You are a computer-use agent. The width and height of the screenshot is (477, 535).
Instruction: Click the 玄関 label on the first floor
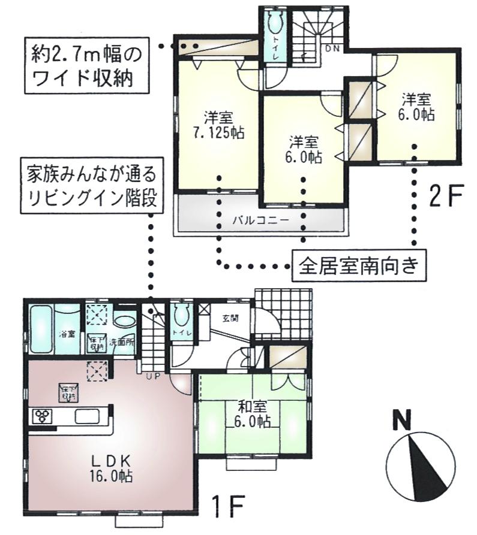[x=230, y=318]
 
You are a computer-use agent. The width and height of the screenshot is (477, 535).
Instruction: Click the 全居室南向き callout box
[x=358, y=264]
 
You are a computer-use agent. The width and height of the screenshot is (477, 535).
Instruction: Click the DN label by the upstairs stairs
[x=332, y=48]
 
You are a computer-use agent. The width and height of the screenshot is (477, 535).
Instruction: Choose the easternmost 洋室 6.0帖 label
[x=417, y=107]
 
